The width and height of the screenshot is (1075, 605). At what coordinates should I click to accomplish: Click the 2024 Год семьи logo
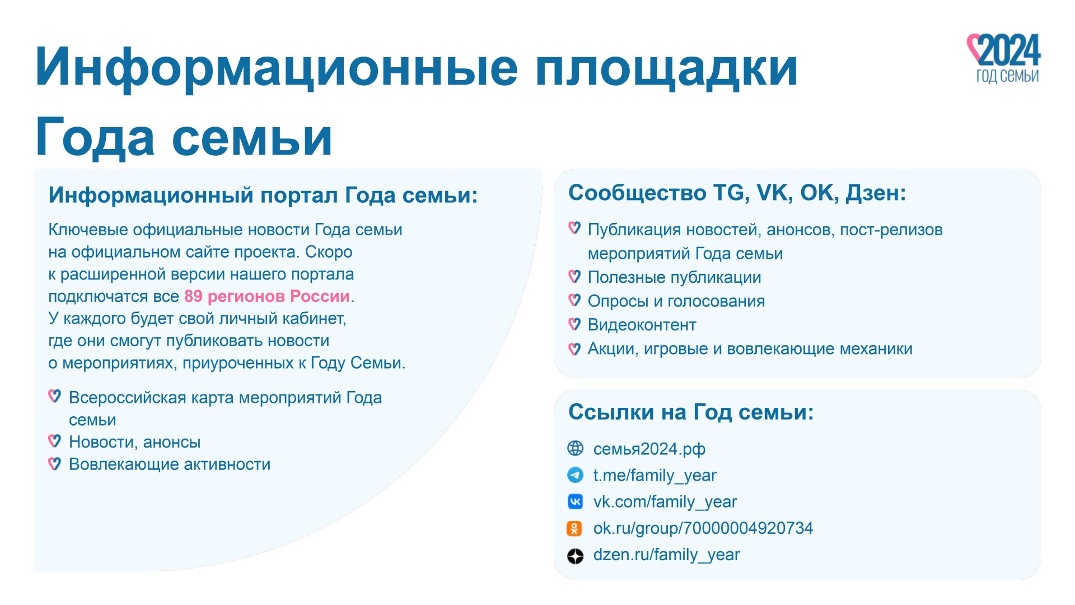coord(1004,58)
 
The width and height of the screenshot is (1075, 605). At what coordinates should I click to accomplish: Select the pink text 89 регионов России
coord(267,296)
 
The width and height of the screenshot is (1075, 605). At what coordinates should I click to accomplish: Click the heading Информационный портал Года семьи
coord(263,196)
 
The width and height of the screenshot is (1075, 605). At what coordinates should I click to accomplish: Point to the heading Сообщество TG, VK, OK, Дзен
coord(737,193)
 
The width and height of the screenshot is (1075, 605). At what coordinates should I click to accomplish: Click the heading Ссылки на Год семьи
coord(691,412)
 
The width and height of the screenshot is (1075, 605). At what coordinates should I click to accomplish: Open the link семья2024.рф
coord(649,449)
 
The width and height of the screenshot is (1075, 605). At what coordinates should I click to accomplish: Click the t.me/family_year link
coord(655,475)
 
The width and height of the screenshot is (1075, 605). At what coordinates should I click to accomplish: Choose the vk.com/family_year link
coord(665,501)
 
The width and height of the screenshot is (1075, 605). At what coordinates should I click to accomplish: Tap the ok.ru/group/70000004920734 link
coord(703,528)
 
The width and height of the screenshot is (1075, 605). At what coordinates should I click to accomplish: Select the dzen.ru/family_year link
coord(666,554)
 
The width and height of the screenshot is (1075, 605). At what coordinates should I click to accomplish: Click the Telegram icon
coord(576,475)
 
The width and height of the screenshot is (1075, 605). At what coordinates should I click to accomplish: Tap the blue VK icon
coord(576,501)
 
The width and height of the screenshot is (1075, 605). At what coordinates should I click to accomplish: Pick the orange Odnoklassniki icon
coord(574,528)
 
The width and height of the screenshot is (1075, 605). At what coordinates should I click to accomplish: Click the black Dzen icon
coord(576,556)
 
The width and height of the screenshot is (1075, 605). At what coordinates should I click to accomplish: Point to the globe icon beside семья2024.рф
coord(576,448)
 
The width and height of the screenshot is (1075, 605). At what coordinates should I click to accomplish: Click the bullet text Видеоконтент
coord(642,325)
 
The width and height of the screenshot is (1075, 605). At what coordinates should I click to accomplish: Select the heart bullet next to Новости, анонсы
coord(54,441)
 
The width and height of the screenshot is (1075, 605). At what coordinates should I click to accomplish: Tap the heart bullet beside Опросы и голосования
coord(574,300)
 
